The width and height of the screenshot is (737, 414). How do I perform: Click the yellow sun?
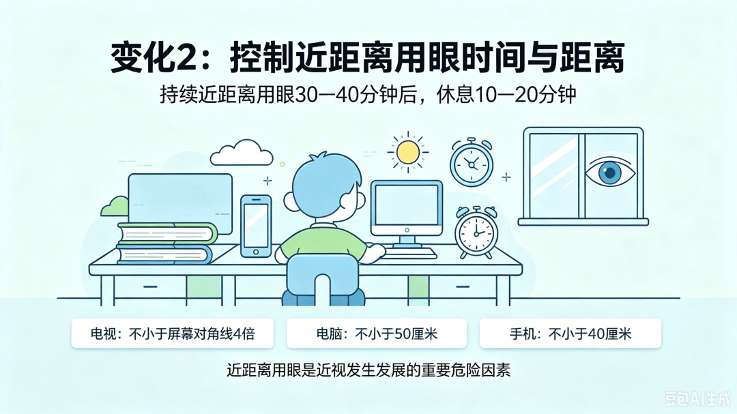(x=407, y=152)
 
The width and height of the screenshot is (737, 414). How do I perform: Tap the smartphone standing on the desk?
(x=256, y=226)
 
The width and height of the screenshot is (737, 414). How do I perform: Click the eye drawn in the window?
(x=610, y=172)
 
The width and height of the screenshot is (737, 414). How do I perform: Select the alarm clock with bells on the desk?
(x=476, y=232)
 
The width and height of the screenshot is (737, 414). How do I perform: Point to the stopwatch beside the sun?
(x=472, y=162)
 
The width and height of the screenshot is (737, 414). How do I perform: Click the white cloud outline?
(x=241, y=153)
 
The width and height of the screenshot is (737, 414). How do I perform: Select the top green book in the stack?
(x=168, y=233)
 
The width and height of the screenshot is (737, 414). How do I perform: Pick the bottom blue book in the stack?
(x=164, y=254)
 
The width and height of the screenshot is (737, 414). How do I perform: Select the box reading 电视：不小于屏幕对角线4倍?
(x=173, y=333)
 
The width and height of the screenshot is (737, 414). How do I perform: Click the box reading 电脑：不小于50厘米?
(x=377, y=333)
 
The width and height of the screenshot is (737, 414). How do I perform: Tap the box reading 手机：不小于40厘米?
(x=570, y=333)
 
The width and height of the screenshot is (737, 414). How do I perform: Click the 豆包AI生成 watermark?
(x=697, y=399)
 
